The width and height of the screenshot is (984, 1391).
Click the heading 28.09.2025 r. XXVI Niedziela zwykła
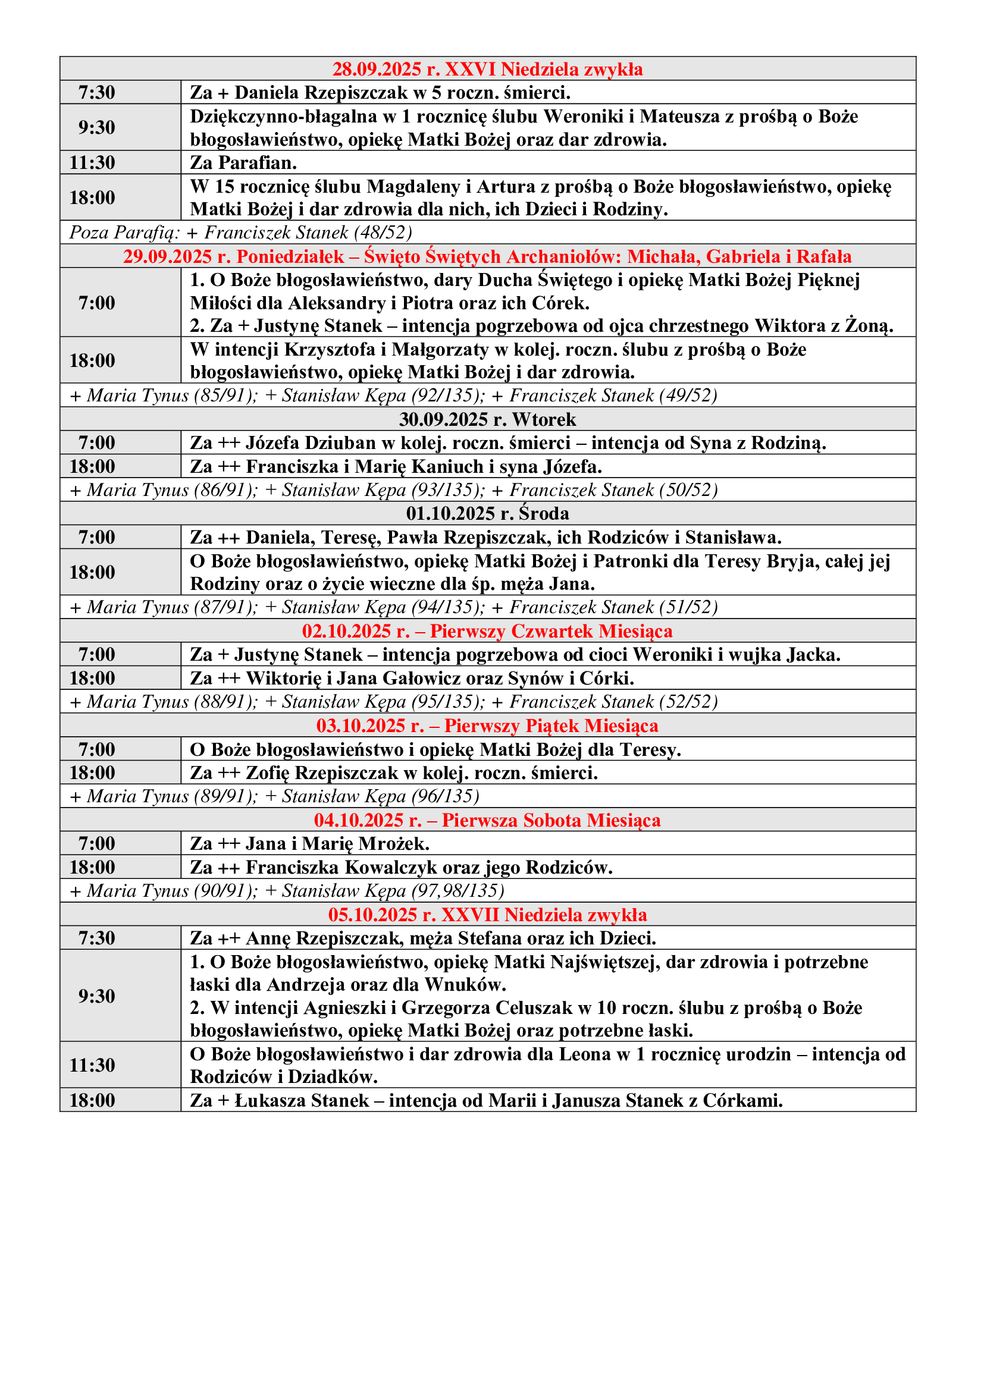(x=487, y=69)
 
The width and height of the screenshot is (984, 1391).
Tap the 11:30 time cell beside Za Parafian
(x=92, y=162)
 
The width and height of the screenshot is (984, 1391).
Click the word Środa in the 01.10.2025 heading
(x=544, y=513)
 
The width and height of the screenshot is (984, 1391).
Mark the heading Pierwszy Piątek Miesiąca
(x=551, y=725)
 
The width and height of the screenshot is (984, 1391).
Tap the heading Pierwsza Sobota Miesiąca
(x=551, y=819)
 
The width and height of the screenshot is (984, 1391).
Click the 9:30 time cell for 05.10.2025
(x=96, y=996)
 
